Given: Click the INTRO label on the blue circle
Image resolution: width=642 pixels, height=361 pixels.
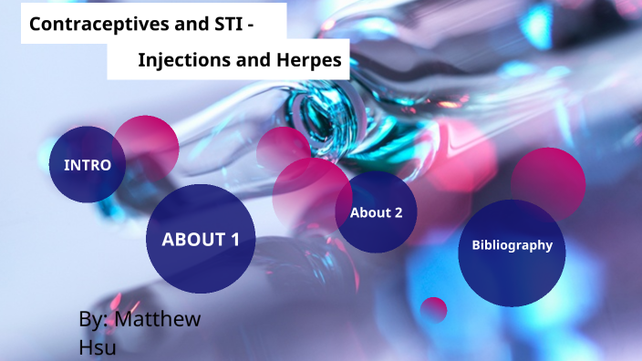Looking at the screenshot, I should point(87,165).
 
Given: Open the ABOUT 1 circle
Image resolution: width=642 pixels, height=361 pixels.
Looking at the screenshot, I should point(201,240).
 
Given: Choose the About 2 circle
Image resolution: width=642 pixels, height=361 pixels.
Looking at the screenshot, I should point(376,212).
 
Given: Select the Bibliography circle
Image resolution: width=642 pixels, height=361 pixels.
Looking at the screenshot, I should point(512,245).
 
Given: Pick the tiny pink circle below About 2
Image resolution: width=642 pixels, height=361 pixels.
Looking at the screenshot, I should point(434,309).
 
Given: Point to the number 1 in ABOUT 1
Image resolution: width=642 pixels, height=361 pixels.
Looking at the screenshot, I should point(235,240).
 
